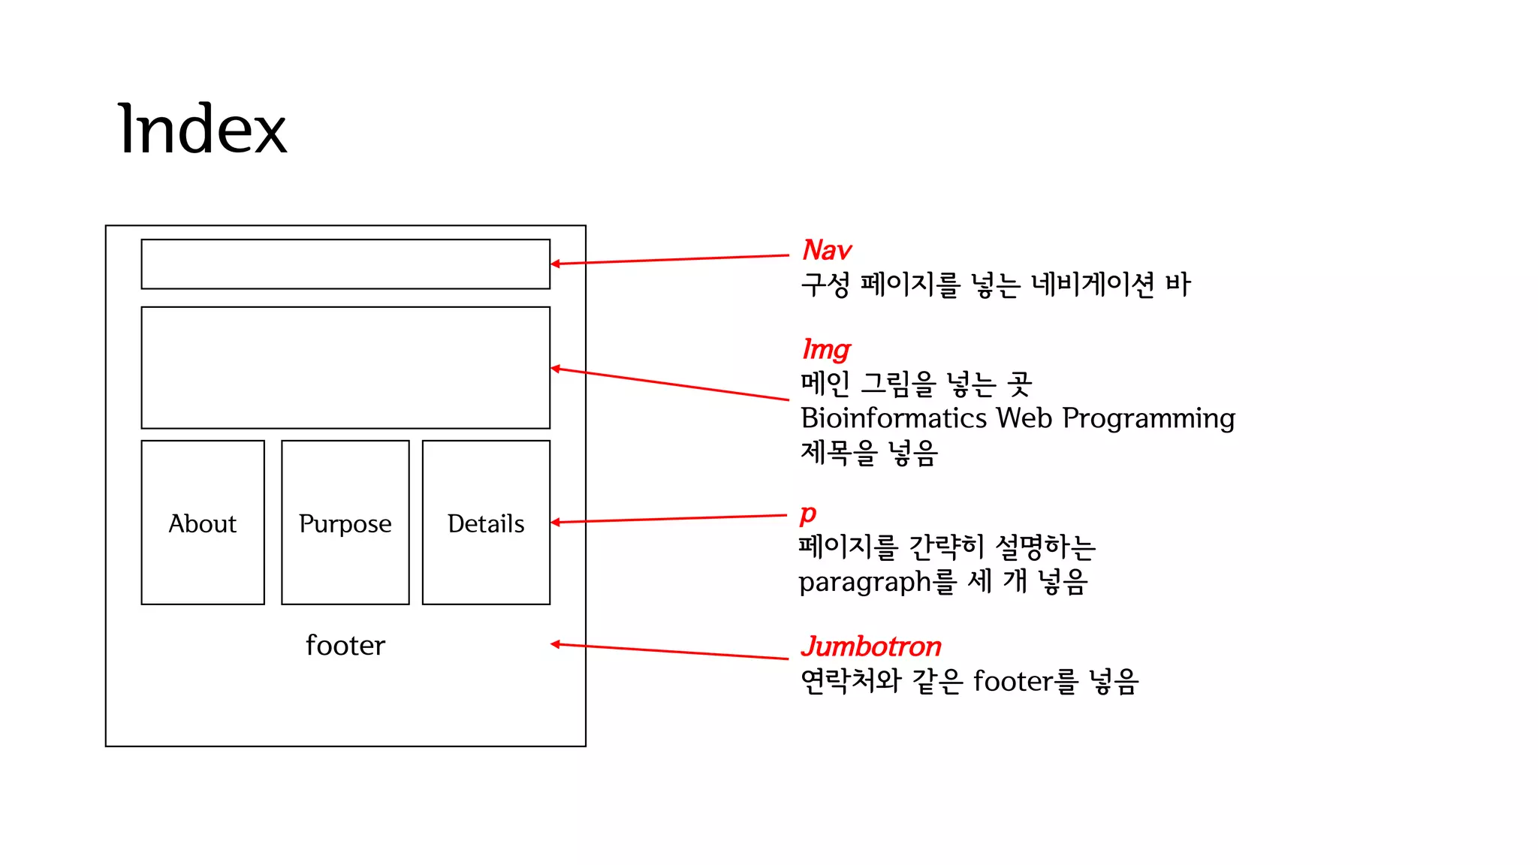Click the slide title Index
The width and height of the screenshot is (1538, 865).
202,130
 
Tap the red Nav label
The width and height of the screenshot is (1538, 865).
827,250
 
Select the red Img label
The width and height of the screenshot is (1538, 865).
826,350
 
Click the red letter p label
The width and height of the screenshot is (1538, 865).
807,514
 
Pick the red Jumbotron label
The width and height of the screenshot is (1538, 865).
870,646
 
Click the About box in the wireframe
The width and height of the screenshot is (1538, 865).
203,523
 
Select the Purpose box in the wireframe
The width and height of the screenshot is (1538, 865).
345,523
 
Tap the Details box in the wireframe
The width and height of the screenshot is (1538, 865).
486,523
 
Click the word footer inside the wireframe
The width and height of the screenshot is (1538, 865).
345,646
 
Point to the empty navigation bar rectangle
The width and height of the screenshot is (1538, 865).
345,264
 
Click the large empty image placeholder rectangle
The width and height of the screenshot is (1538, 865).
345,368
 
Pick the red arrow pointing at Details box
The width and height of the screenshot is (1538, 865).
668,519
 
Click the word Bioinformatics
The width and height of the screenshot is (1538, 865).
894,418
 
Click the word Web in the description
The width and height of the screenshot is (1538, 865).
1024,418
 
